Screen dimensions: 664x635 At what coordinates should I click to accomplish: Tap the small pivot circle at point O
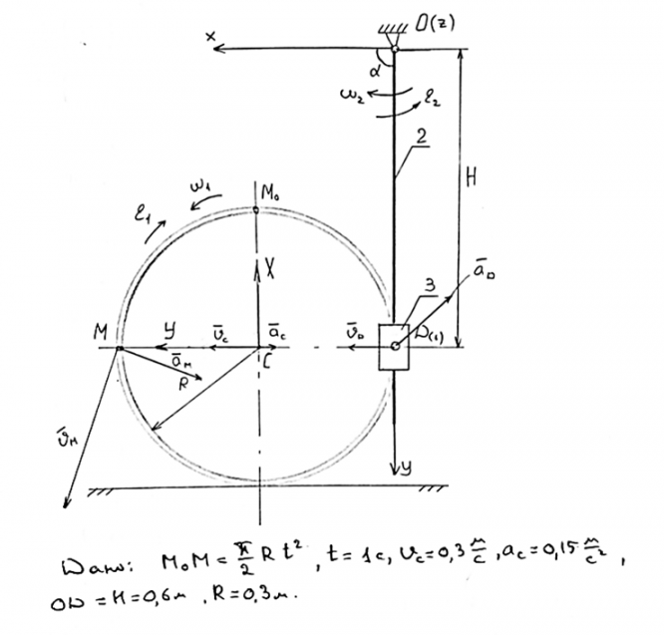pos(396,48)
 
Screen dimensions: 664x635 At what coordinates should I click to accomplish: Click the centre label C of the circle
pos(267,363)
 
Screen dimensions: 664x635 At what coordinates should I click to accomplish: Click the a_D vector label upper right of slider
pos(483,269)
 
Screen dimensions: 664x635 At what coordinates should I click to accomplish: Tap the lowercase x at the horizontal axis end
pos(211,36)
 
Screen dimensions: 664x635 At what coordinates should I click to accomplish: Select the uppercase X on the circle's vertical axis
pos(270,268)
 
